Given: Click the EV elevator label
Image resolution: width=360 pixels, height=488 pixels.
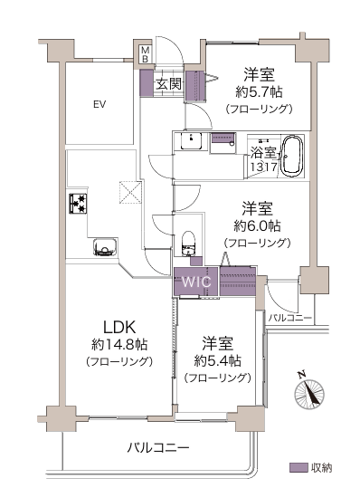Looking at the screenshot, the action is pyautogui.click(x=99, y=104).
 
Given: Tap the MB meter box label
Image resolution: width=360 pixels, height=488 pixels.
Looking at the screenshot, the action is pyautogui.click(x=146, y=54).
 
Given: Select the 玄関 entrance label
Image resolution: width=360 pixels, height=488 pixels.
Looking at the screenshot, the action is pyautogui.click(x=168, y=83).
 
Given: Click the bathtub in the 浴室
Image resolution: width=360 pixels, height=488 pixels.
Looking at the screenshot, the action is pyautogui.click(x=291, y=157).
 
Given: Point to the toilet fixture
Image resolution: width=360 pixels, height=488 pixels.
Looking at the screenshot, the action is pyautogui.click(x=188, y=244).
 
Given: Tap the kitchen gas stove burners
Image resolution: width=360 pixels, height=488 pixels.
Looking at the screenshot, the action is pyautogui.click(x=78, y=204).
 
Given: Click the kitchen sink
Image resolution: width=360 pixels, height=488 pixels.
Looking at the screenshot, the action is pyautogui.click(x=106, y=247).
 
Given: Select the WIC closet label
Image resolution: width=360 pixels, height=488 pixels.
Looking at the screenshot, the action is pyautogui.click(x=196, y=282).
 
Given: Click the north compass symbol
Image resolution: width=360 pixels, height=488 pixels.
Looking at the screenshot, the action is pyautogui.click(x=309, y=391).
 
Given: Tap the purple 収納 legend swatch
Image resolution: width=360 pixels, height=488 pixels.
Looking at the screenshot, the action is pyautogui.click(x=298, y=467).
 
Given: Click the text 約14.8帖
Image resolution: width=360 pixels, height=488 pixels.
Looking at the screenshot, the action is pyautogui.click(x=119, y=344).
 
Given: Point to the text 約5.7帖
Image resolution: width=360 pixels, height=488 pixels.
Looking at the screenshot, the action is pyautogui.click(x=259, y=91).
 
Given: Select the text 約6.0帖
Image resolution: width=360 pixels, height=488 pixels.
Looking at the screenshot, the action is pyautogui.click(x=258, y=225).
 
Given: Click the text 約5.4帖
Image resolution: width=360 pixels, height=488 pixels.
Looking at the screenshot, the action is pyautogui.click(x=218, y=360).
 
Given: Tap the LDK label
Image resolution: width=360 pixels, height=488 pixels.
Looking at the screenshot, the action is pyautogui.click(x=119, y=327).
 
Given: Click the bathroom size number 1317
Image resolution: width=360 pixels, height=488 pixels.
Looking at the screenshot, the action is pyautogui.click(x=263, y=167).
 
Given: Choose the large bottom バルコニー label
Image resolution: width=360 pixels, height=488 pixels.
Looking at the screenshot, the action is pyautogui.click(x=158, y=448).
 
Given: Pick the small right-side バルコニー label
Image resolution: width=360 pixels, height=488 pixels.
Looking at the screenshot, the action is pyautogui.click(x=289, y=318).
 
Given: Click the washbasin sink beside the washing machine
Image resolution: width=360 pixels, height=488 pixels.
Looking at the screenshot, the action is pyautogui.click(x=191, y=141).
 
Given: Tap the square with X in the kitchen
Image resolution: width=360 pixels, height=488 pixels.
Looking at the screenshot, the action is pyautogui.click(x=130, y=192).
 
